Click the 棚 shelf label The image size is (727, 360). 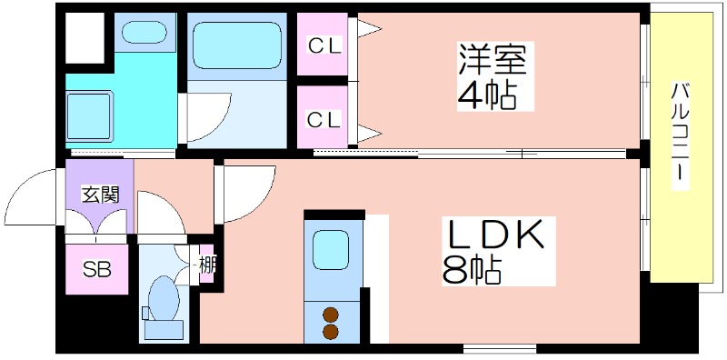[208, 265]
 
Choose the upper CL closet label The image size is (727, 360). [324, 45]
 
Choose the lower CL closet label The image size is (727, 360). [324, 118]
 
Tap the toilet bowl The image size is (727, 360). [164, 300]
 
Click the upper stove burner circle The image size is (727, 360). [331, 315]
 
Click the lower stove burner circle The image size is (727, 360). [331, 332]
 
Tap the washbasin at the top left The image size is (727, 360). [144, 33]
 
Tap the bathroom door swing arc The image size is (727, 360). [207, 119]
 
